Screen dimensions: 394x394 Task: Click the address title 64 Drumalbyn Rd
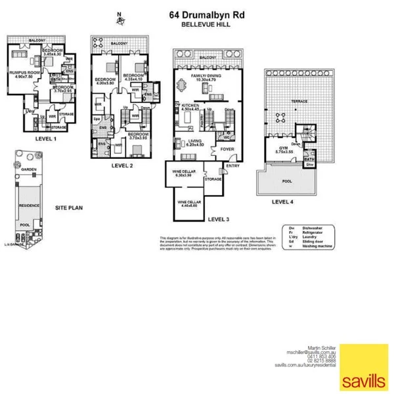tap(202, 13)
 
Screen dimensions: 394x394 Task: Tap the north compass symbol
tap(120, 20)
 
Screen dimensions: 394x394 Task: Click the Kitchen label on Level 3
tap(190, 105)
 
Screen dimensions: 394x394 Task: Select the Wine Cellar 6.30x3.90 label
tap(182, 173)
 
